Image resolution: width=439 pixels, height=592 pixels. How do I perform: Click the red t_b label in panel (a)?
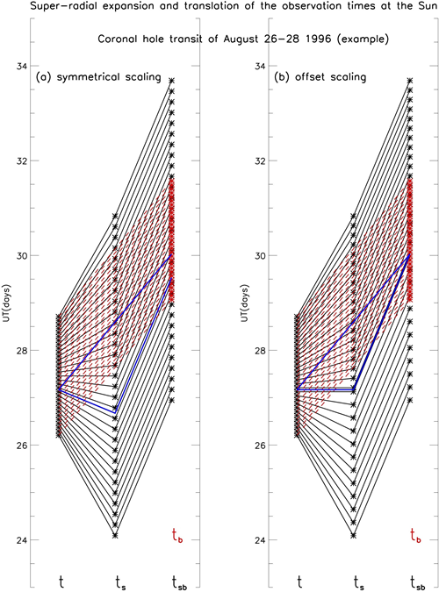click(x=177, y=536)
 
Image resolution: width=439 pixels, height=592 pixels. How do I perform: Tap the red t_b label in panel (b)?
click(x=415, y=536)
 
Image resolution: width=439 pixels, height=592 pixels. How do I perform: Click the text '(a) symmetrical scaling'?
click(x=98, y=77)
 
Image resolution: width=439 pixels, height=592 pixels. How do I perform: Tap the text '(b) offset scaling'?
click(x=320, y=77)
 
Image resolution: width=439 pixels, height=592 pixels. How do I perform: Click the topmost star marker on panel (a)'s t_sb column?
click(x=171, y=81)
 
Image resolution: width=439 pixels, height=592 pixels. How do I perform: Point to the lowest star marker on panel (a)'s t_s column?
click(x=115, y=535)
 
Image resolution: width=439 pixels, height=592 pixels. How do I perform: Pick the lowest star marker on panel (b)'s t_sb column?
click(x=409, y=400)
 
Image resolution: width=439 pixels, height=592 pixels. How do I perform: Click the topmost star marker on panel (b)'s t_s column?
click(x=353, y=216)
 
